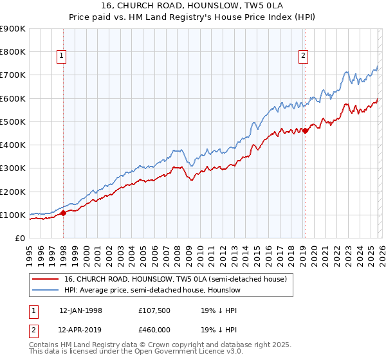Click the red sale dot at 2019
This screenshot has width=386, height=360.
click(x=305, y=130)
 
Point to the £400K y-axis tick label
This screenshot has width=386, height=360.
click(x=13, y=145)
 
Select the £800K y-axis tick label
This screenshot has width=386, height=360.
click(x=13, y=51)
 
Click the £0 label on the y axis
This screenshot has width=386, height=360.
click(x=19, y=238)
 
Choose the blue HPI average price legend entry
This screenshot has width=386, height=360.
click(x=152, y=291)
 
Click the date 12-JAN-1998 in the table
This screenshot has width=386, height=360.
click(x=80, y=310)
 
